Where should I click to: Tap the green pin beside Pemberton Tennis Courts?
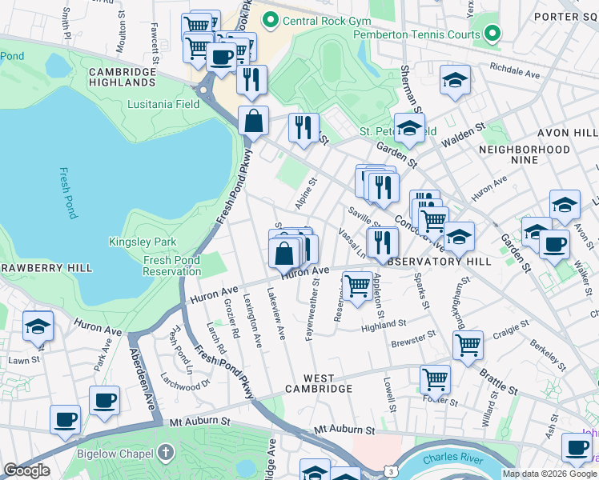pos(492,34)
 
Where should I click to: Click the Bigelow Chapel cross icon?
pos(166,454)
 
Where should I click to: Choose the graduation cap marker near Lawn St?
pos(38,326)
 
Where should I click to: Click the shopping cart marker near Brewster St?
pos(468,346)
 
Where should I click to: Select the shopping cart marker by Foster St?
pos(435,378)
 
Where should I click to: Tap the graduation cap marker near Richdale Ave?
pos(455,80)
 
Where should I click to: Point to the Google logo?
pos(26,470)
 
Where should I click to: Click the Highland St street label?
pos(384,326)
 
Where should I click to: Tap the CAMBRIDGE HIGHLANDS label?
pos(123,77)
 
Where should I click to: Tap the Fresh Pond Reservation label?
pos(171,266)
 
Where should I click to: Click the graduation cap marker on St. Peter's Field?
pos(409,128)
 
